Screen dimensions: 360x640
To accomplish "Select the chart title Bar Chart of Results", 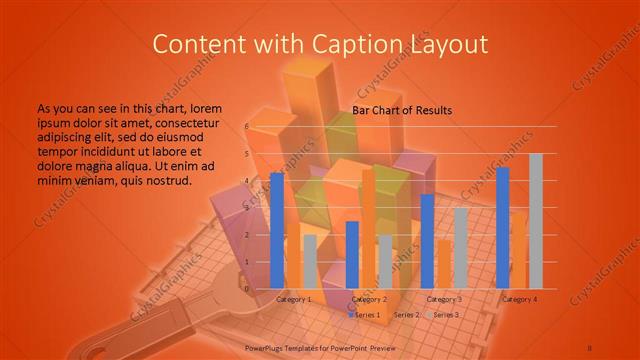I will pyautogui.click(x=402, y=110).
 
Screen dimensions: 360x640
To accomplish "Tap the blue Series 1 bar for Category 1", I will pyautogui.click(x=277, y=230).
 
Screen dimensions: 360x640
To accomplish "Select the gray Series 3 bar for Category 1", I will pyautogui.click(x=310, y=261).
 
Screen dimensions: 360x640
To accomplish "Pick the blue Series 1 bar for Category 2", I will pyautogui.click(x=352, y=254).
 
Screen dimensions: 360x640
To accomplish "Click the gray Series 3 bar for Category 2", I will pyautogui.click(x=385, y=261).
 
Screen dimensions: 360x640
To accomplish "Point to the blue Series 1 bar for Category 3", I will pyautogui.click(x=427, y=240).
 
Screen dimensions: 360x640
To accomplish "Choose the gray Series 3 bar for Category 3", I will pyautogui.click(x=460, y=247).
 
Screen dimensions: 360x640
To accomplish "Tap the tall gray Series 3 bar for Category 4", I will pyautogui.click(x=535, y=220).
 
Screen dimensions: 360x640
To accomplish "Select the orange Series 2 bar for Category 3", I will pyautogui.click(x=443, y=262).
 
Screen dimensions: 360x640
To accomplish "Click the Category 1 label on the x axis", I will pyautogui.click(x=294, y=299).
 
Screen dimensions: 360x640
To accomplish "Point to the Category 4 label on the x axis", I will pyautogui.click(x=519, y=299).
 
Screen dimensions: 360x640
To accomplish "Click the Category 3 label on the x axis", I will pyautogui.click(x=444, y=299).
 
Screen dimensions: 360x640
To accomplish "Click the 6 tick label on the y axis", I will pyautogui.click(x=246, y=127).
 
